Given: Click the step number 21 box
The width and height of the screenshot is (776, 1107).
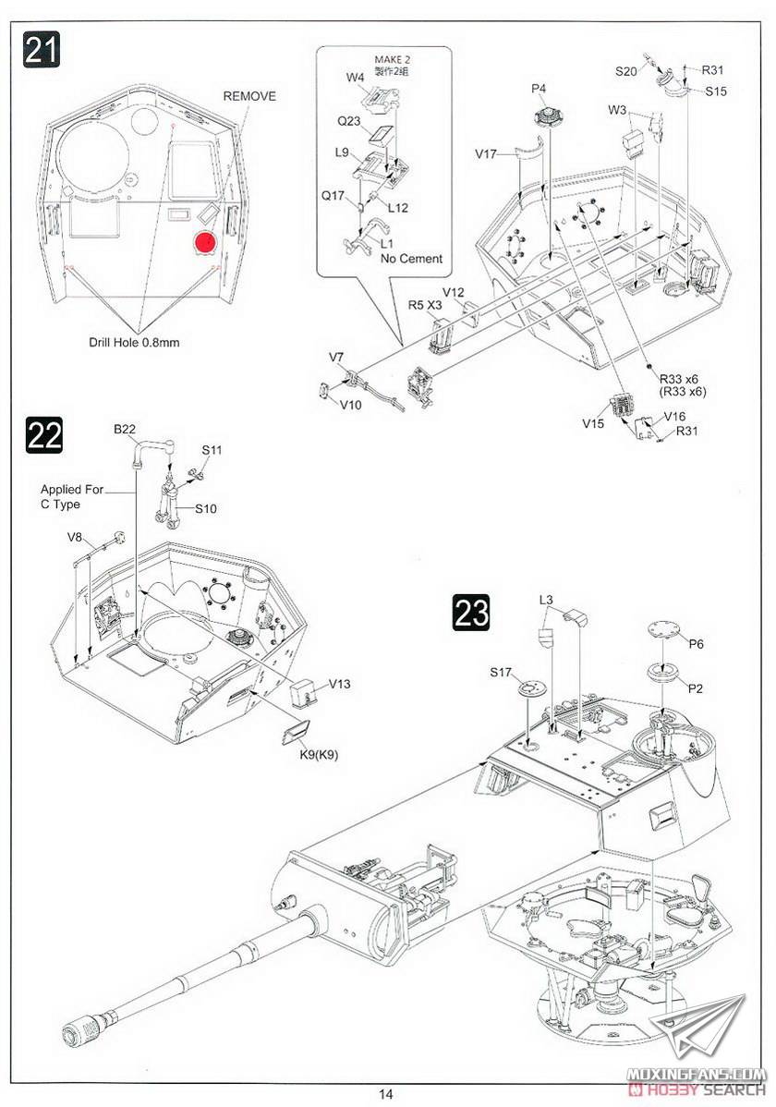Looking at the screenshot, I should (x=41, y=50).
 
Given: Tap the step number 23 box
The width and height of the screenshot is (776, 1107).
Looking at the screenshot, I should (x=471, y=612).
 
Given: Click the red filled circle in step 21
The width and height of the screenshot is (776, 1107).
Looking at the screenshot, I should (x=204, y=242).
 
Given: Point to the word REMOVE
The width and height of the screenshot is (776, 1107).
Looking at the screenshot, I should (x=249, y=96).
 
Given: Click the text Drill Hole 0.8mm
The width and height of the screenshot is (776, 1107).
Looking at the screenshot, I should (x=134, y=342).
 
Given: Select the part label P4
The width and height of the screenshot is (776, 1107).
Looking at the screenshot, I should (x=540, y=88).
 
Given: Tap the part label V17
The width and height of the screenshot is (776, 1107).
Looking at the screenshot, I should (x=487, y=154).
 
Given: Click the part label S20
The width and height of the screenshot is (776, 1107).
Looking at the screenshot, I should (x=625, y=70).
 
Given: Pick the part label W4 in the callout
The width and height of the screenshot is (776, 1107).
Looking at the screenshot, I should (x=356, y=78).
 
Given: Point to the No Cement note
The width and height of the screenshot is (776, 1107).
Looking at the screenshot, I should (x=411, y=259).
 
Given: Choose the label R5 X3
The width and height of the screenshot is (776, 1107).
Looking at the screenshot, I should (x=424, y=304).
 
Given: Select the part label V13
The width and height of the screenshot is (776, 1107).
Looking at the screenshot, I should (x=339, y=684).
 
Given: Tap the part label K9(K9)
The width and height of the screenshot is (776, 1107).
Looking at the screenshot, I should (x=320, y=754).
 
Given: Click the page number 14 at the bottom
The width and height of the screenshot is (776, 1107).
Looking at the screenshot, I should (x=386, y=1094).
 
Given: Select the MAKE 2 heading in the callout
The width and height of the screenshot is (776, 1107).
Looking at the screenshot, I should (x=392, y=61).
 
